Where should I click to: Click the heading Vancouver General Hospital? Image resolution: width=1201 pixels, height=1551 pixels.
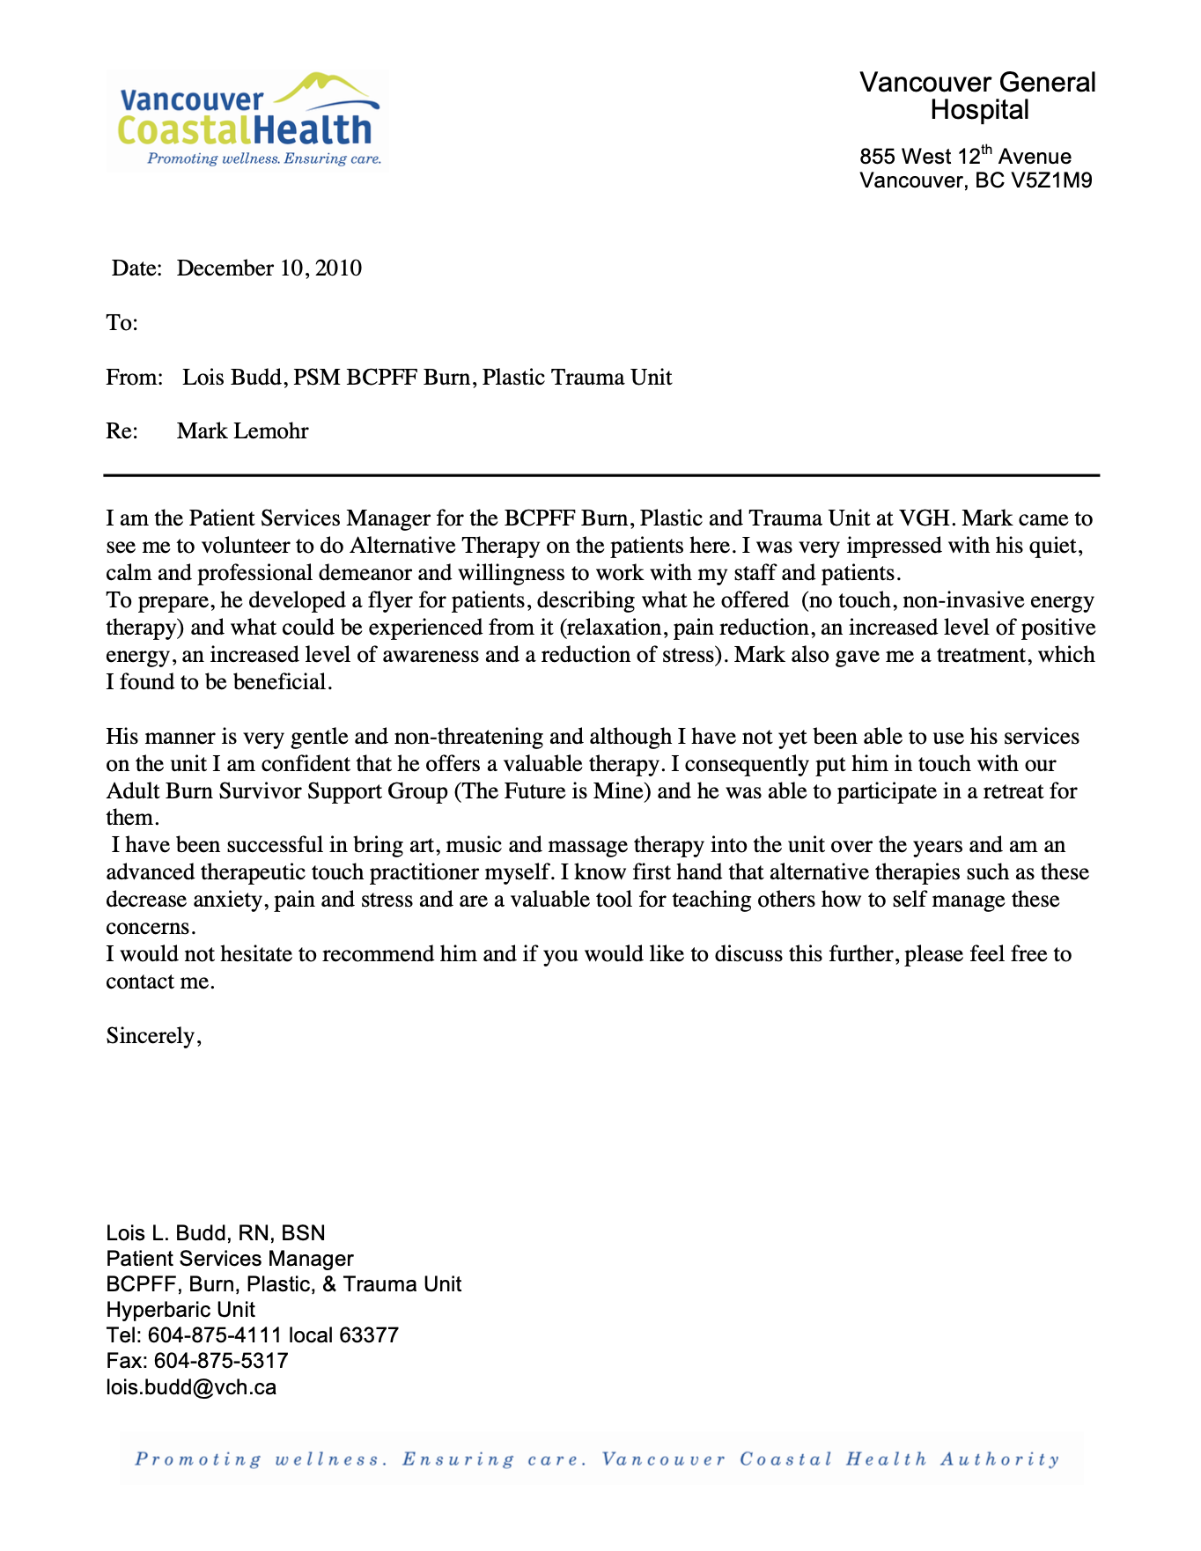(x=977, y=96)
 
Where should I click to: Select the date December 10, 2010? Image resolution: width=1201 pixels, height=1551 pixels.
(x=269, y=268)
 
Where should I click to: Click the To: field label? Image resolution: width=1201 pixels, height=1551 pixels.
(x=122, y=323)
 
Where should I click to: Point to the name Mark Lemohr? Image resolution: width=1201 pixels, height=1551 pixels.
(x=242, y=431)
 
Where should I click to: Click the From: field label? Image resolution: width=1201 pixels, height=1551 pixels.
(x=134, y=378)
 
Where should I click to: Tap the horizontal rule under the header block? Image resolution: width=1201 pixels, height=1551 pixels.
(x=601, y=475)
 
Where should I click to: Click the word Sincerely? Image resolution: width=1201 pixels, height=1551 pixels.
(x=153, y=1036)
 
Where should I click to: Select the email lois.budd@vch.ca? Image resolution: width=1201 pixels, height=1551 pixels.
(x=191, y=1387)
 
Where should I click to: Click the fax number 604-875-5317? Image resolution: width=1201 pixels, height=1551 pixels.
(x=221, y=1361)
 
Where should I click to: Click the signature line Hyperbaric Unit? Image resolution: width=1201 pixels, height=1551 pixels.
(x=181, y=1310)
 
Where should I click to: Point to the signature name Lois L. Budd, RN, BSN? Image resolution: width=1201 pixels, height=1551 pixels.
(x=216, y=1232)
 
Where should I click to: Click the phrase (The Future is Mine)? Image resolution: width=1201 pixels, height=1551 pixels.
(x=553, y=791)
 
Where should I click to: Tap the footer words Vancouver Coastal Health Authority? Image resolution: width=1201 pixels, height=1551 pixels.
(x=831, y=1459)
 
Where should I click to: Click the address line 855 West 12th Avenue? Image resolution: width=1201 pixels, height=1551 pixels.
(x=965, y=157)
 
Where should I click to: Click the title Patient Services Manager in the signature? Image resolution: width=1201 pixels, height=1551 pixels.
(x=230, y=1259)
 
